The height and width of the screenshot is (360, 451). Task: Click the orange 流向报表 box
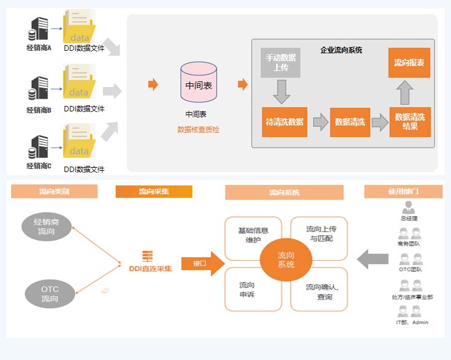coord(409,62)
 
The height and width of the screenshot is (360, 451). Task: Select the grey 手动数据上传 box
coord(281,62)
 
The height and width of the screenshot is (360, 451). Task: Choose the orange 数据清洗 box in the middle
coord(350,122)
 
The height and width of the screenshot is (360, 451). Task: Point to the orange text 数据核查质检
coord(198,130)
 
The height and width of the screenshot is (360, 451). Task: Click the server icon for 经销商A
coord(39,29)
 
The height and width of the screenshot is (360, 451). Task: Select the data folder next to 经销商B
coord(79,85)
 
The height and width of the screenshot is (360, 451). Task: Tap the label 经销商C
coord(39,166)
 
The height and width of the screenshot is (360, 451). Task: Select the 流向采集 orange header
coord(154,192)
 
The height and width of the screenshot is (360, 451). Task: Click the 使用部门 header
coord(403,192)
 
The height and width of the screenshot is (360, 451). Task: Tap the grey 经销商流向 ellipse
coord(46,227)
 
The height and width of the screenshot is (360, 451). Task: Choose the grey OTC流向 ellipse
coord(50,294)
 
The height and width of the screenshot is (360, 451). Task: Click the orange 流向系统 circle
coord(286,260)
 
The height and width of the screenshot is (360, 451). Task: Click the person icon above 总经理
coord(409,207)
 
